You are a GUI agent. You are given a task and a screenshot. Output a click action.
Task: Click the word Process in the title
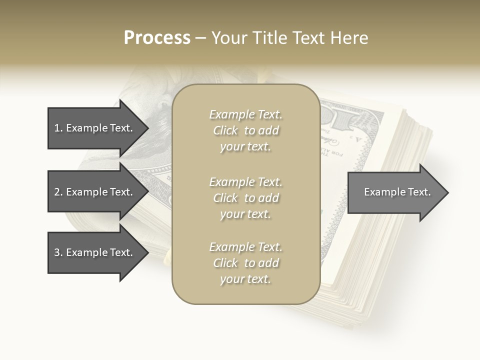click(x=157, y=38)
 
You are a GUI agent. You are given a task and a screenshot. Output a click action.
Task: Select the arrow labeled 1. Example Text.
click(x=95, y=128)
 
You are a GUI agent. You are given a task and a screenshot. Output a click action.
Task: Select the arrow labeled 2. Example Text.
click(x=95, y=192)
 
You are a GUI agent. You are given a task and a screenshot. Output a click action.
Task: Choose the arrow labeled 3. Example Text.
click(x=95, y=252)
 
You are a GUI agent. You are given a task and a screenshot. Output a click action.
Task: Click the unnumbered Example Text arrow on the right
click(x=395, y=192)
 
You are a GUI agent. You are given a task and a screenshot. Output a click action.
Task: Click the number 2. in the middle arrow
click(x=58, y=192)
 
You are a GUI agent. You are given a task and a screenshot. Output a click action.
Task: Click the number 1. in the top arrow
click(x=58, y=128)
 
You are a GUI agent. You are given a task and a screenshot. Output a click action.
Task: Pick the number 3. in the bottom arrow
click(x=58, y=252)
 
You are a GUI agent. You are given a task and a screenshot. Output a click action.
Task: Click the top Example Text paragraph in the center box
click(x=245, y=130)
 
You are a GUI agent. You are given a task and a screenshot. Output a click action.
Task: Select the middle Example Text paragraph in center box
click(x=245, y=198)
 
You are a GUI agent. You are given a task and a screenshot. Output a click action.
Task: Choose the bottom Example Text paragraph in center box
click(x=245, y=263)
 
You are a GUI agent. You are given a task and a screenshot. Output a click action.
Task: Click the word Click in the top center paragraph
click(x=225, y=130)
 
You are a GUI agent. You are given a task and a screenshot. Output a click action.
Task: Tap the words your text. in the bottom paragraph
click(x=245, y=279)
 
